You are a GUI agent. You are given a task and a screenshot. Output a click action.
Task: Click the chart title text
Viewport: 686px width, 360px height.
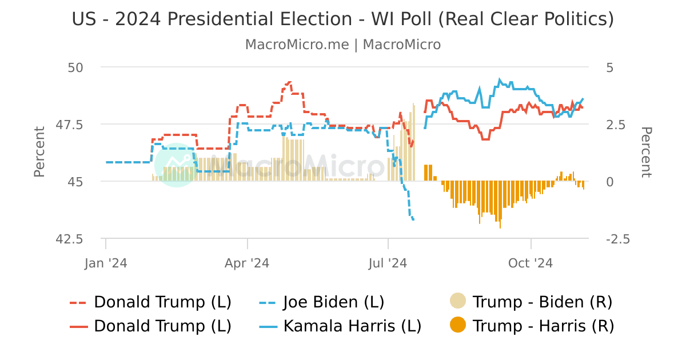pos(342,19)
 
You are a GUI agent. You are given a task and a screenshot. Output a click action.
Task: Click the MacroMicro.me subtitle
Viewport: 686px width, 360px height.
pos(342,45)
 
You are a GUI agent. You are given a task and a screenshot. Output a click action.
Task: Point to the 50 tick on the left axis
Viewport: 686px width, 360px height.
pos(75,67)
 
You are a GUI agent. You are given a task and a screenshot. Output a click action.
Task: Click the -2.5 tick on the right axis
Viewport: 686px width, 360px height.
pos(617,239)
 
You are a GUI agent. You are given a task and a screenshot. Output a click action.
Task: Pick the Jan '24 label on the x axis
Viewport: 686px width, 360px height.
pos(106,263)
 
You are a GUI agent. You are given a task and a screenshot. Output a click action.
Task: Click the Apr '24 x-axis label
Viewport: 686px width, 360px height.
pos(247,263)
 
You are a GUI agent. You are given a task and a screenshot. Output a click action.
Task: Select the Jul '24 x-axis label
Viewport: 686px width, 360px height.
pos(388,263)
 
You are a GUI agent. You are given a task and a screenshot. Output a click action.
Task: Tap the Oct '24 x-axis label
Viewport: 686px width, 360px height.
pos(531,263)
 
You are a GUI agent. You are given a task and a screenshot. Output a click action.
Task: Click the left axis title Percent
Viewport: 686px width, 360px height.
pos(39,152)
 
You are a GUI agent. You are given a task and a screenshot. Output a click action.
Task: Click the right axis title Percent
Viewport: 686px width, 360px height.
pos(646,152)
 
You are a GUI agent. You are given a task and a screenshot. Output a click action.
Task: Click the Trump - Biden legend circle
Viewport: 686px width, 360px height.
pos(458,301)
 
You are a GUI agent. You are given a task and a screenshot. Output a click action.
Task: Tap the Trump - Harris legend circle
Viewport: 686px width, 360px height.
pos(458,326)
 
